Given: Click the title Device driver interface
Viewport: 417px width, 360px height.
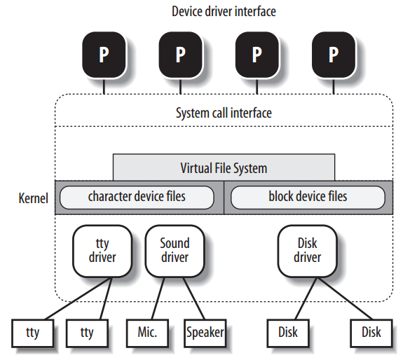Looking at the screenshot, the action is tap(224, 12).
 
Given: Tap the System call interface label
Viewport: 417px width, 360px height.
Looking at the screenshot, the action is tap(224, 113).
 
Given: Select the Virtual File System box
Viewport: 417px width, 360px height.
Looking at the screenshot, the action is tap(224, 167).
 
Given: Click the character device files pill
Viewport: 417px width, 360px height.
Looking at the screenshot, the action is tap(137, 198).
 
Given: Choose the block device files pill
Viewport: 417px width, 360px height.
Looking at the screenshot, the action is tap(308, 198).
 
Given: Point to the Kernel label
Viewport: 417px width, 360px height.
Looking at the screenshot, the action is tap(33, 198).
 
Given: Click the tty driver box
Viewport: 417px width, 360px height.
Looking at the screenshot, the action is tap(102, 251).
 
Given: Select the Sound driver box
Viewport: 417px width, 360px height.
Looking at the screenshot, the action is tap(175, 251).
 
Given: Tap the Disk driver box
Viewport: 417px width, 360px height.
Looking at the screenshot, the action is tap(307, 251).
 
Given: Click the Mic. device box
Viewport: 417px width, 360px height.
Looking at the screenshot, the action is tap(148, 333).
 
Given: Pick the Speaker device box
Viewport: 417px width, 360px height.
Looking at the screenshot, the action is tap(205, 333).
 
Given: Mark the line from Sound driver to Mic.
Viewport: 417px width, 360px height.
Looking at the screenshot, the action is tap(158, 298).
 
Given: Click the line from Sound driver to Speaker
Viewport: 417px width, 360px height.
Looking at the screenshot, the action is tap(193, 298).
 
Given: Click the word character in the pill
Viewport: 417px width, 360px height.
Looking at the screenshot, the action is tap(109, 197).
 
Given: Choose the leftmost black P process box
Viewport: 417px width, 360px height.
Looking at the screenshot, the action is tap(104, 55).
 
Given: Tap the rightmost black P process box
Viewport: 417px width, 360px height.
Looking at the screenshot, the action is tap(334, 55).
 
